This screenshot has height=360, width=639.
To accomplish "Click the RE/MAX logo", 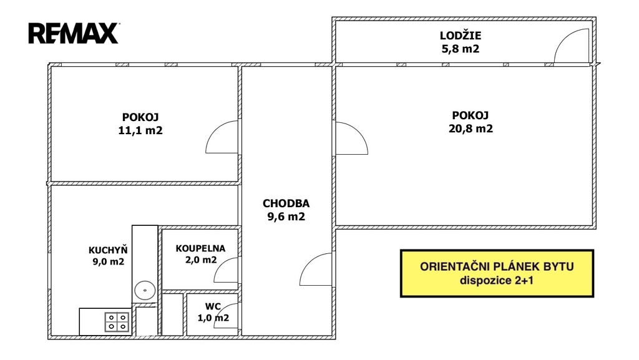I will click(x=73, y=33).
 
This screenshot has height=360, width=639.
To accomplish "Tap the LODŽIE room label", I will click(x=460, y=36).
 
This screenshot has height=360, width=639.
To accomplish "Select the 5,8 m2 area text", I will click(x=460, y=49).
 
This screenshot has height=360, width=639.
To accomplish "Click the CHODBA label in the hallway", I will click(x=286, y=203).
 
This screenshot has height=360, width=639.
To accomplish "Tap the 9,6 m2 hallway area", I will click(x=286, y=217).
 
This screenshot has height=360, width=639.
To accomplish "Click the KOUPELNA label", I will click(x=200, y=248).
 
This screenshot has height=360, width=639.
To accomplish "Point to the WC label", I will click(x=212, y=306).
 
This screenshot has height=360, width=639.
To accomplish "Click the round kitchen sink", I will click(x=145, y=289).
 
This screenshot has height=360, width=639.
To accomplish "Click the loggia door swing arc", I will click(x=571, y=47).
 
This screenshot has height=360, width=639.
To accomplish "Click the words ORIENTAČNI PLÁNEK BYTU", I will click(x=497, y=266).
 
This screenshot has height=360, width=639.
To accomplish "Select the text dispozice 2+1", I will click(x=497, y=280).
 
